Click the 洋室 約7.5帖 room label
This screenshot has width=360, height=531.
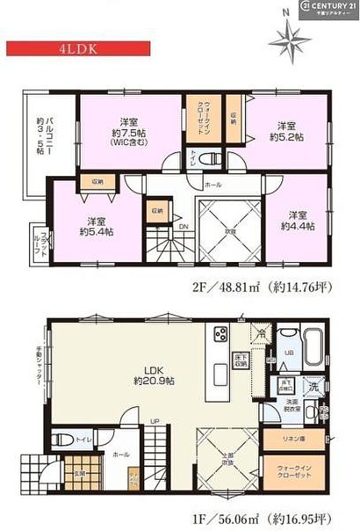pyautogui.click(x=128, y=131)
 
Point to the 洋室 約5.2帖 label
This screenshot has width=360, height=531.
pyautogui.click(x=289, y=131)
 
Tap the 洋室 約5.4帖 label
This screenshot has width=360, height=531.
pyautogui.click(x=96, y=226)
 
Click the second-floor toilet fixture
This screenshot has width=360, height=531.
pyautogui.click(x=210, y=157)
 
